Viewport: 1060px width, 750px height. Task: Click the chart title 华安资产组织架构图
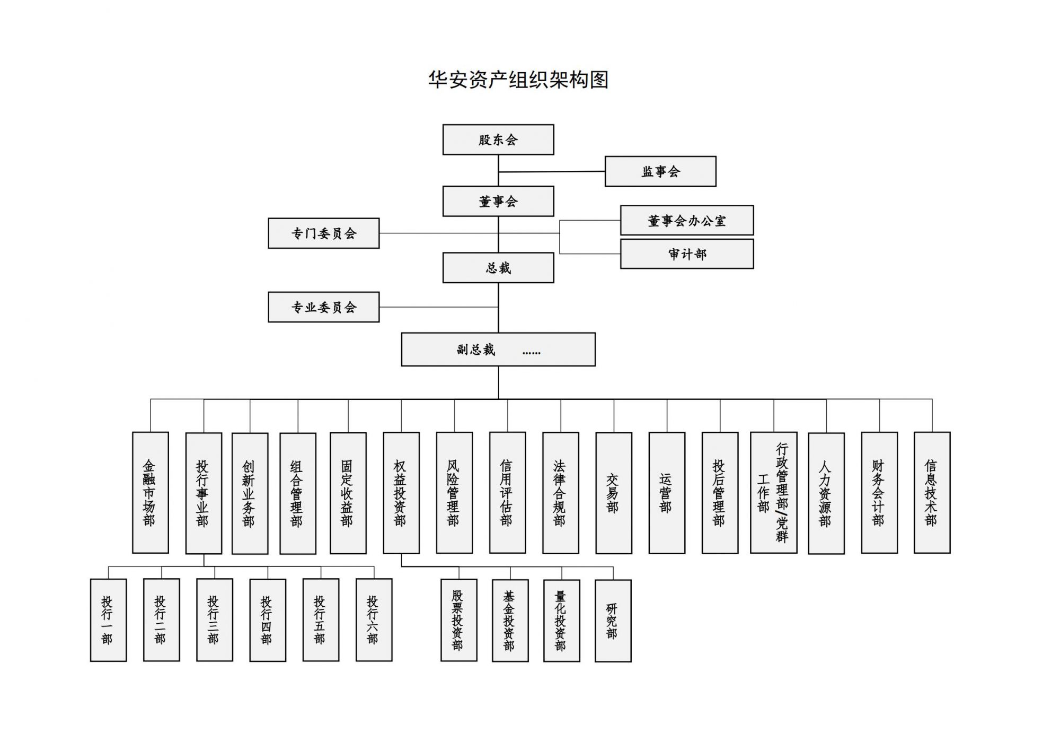coord(518,80)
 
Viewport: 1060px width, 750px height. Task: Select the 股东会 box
coord(498,139)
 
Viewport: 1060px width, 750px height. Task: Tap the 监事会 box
coord(660,171)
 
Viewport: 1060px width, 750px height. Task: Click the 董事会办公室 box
coord(687,220)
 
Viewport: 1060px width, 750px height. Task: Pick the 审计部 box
coord(687,254)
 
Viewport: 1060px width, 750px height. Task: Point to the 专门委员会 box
coord(324,233)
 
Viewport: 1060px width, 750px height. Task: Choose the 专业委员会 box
coord(324,307)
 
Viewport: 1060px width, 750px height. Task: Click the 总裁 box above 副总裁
coord(498,268)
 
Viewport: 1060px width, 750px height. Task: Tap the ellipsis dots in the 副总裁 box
coord(531,352)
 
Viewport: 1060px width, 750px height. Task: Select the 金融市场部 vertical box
coord(151,493)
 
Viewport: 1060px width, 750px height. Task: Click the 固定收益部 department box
coord(348,493)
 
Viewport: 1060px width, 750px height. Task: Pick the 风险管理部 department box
coord(454,493)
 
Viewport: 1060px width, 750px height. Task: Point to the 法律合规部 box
coord(561,493)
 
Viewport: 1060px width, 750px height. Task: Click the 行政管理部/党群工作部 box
coord(774,493)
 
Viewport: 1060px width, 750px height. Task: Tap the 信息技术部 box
coord(932,493)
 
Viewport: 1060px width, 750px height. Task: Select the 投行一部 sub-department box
coord(108,620)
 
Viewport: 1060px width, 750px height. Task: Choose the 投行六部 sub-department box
coord(374,620)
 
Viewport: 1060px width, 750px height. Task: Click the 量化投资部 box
coord(562,621)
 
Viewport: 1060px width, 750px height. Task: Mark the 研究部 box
coord(613,621)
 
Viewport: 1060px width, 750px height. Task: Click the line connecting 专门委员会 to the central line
coord(439,233)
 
